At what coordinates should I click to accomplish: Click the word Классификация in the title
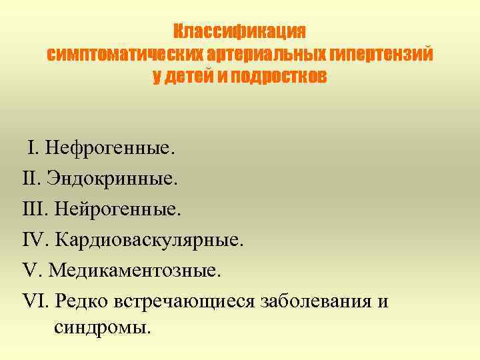pyautogui.click(x=240, y=31)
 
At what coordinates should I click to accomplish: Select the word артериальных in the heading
pyautogui.click(x=257, y=54)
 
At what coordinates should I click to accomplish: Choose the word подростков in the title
pyautogui.click(x=279, y=77)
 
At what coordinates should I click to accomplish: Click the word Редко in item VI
pyautogui.click(x=79, y=301)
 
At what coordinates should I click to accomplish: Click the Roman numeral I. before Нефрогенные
pyautogui.click(x=33, y=148)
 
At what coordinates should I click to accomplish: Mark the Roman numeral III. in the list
pyautogui.click(x=34, y=209)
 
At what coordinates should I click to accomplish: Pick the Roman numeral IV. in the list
pyautogui.click(x=35, y=240)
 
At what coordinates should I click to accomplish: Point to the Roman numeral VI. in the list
pyautogui.click(x=35, y=301)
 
